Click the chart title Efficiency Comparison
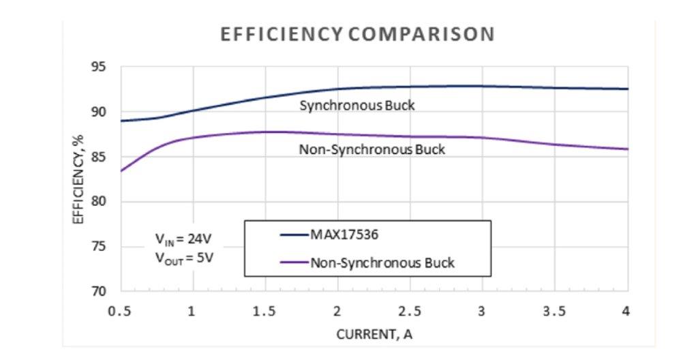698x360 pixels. (356, 35)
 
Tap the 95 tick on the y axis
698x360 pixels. (100, 67)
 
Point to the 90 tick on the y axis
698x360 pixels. (100, 112)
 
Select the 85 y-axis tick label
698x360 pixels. (100, 157)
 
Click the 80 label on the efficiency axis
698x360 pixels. (100, 202)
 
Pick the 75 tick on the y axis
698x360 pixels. (100, 247)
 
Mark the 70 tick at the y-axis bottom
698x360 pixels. (100, 292)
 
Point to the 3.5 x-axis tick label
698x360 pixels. (556, 312)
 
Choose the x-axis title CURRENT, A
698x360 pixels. (374, 335)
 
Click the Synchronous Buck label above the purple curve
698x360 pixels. (357, 106)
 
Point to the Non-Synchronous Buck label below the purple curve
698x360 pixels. (371, 149)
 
